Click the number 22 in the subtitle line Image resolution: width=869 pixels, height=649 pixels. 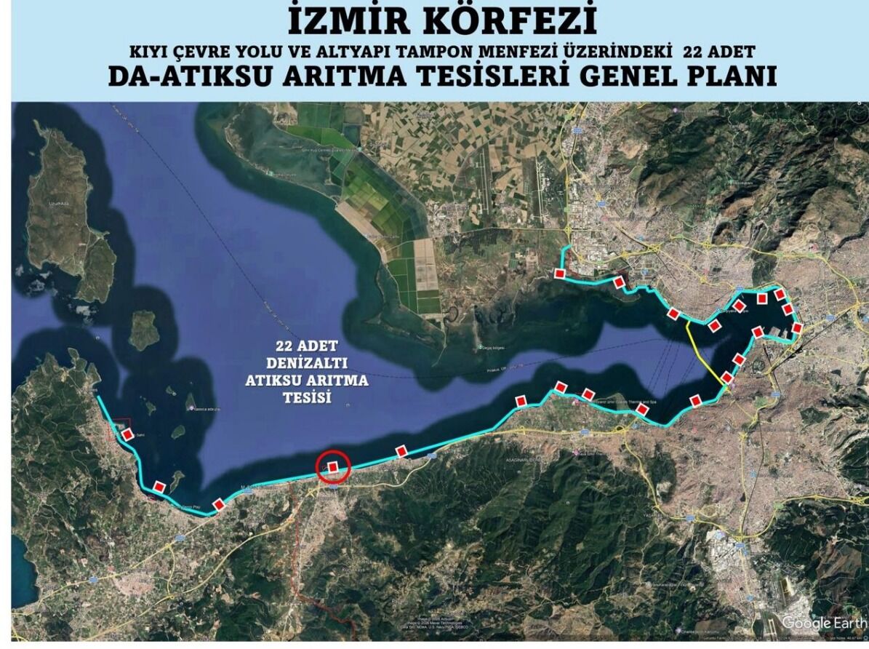tap(695, 53)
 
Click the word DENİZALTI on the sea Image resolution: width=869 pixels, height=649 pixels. tap(305, 363)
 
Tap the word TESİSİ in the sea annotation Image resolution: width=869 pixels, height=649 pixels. tap(306, 398)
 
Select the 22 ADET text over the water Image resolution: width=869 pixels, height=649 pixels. tap(305, 346)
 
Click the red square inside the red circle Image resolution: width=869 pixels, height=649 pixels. tap(333, 467)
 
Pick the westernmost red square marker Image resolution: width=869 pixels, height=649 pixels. tap(128, 434)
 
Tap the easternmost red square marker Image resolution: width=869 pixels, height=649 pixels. tap(797, 328)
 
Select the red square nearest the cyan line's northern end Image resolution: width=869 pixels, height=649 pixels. tap(559, 273)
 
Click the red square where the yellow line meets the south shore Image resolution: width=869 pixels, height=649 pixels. tap(727, 378)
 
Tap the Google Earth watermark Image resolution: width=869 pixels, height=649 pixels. tap(823, 623)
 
